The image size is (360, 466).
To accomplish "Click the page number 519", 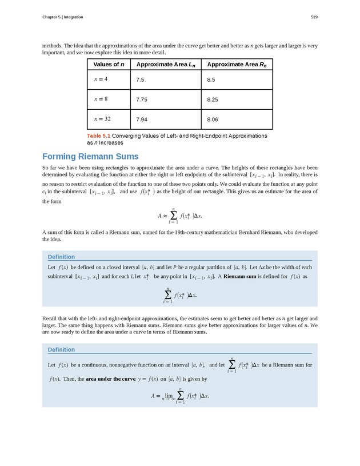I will [314, 17].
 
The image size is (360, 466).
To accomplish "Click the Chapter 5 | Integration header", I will [62, 17].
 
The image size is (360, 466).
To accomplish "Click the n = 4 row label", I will [101, 79].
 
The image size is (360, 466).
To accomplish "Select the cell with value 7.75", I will [142, 99].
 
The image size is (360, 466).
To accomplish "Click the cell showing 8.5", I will [211, 79].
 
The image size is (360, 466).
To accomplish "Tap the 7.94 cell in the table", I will [142, 120].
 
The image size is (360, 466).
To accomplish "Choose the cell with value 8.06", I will [213, 120].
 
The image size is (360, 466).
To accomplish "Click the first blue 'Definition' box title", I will [61, 257].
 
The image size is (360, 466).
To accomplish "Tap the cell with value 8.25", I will [213, 99].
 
